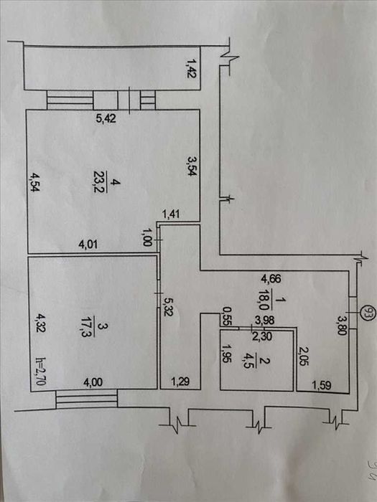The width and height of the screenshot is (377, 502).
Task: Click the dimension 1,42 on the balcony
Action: (192, 72)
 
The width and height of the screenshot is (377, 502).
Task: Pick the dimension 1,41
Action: (171, 213)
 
